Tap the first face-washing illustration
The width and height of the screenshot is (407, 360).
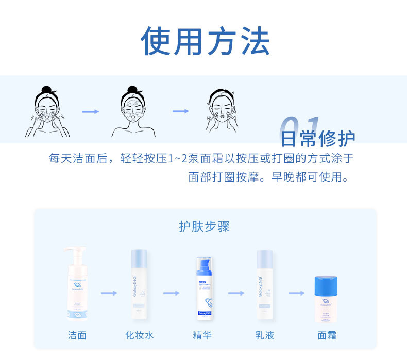coord(47,112)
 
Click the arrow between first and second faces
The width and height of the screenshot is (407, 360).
coord(91,111)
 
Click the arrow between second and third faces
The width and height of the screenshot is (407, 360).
coord(181,111)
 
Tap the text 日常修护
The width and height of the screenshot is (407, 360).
coord(318,138)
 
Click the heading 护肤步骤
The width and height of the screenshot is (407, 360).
coord(204,226)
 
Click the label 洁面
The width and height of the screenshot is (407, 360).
coord(77,335)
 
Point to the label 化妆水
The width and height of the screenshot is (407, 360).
coord(140,335)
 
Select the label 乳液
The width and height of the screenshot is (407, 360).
coord(265,335)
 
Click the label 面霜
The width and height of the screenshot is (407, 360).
coord(327,335)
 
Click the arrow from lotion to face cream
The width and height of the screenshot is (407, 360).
coord(296,293)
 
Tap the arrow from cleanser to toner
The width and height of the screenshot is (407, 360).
coord(109,293)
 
